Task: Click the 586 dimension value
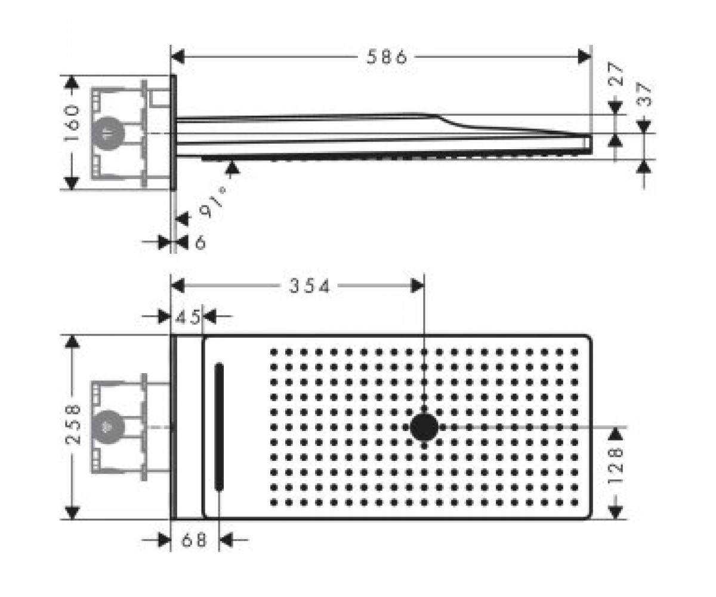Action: tap(387, 57)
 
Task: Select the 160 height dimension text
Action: tap(72, 124)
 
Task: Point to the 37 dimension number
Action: tap(644, 95)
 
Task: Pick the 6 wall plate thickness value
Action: tap(200, 242)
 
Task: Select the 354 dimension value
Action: tap(309, 286)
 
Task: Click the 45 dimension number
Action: tap(187, 316)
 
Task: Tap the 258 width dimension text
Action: tap(73, 424)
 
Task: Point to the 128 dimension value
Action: tap(616, 466)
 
